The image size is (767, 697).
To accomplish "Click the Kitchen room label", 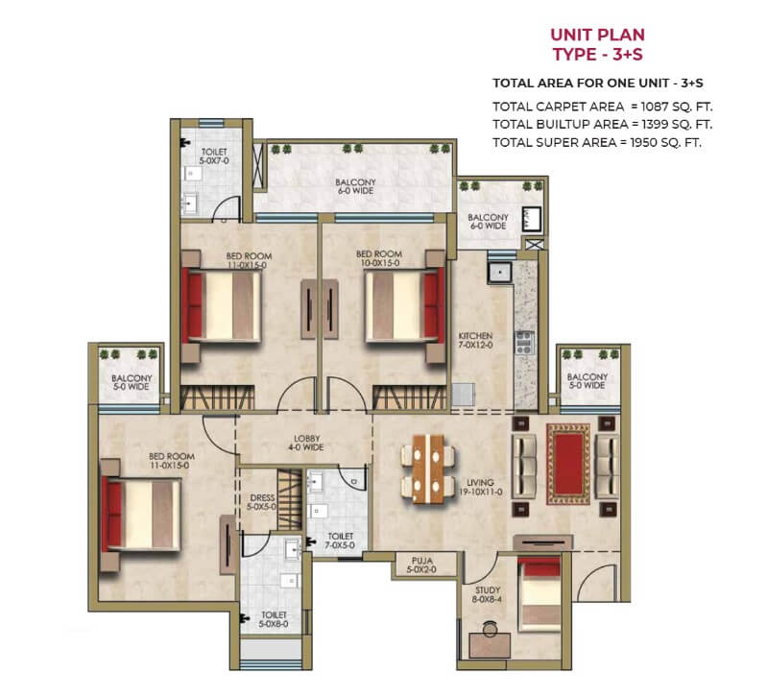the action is [475, 341].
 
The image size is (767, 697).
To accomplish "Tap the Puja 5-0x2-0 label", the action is [421, 565].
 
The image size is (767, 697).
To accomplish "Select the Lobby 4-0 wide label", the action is [306, 443].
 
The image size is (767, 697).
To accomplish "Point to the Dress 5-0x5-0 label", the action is [262, 502].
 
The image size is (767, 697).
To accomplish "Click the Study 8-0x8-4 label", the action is [488, 594].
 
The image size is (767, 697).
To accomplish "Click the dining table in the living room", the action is [428, 469].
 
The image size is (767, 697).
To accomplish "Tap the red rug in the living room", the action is [568, 464].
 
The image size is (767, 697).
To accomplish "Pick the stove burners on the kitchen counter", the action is [524, 342].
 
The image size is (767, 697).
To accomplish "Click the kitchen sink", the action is [499, 272].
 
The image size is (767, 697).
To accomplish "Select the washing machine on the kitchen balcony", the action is [531, 219].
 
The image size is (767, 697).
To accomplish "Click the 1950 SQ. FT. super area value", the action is [666, 142].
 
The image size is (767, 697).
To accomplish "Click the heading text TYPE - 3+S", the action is [598, 54].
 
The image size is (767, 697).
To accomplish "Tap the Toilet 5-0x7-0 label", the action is [214, 156].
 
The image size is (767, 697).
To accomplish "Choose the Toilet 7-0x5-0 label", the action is [340, 541].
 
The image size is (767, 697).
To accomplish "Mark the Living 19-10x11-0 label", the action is [480, 487].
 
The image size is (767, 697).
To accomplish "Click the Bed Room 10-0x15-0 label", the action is [379, 258].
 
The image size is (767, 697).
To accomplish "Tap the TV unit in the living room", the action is [542, 541].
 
